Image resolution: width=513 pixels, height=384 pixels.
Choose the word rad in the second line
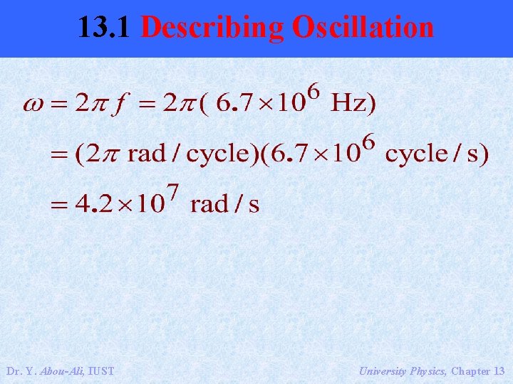tap(146, 154)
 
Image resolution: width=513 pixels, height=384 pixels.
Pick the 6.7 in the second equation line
tap(286, 154)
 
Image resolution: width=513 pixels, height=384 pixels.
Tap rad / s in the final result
tap(225, 205)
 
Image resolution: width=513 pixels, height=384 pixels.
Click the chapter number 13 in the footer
tap(499, 371)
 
